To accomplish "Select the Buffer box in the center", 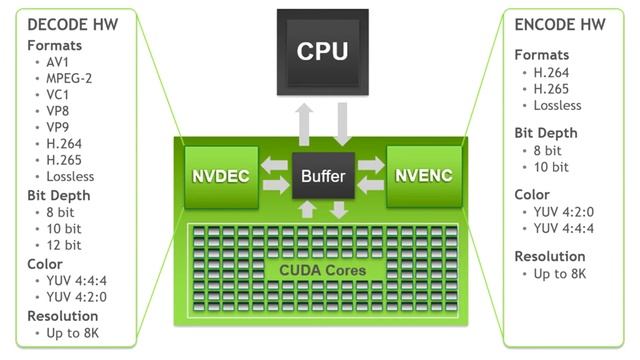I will [323, 177].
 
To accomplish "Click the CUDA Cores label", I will [323, 271].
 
